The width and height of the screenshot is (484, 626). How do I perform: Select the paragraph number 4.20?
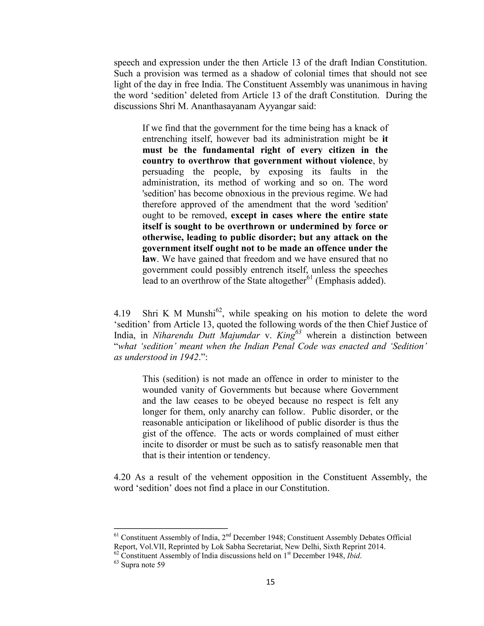click(122, 477)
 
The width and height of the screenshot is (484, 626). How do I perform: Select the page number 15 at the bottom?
click(270, 582)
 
